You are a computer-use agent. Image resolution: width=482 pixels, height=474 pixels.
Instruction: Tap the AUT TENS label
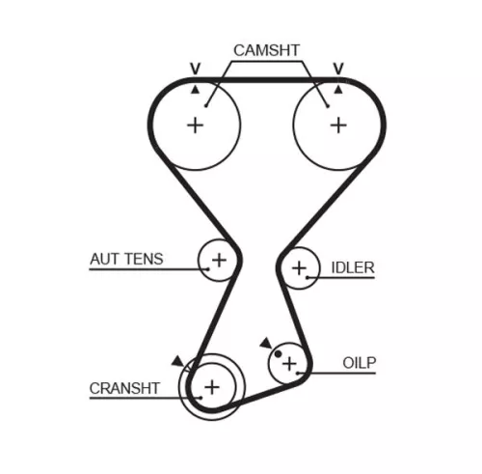(x=126, y=259)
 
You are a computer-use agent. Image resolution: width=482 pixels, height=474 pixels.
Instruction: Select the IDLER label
(x=352, y=267)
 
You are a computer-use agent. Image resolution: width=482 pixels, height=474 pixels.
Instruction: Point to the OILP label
(x=360, y=363)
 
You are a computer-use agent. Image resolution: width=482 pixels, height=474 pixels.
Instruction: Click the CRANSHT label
(x=124, y=388)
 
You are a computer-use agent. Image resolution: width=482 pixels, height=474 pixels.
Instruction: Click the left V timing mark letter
(x=195, y=69)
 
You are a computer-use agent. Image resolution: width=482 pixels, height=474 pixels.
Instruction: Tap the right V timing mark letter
(x=338, y=69)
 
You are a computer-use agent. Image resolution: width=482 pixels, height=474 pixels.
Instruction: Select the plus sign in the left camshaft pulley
(x=196, y=125)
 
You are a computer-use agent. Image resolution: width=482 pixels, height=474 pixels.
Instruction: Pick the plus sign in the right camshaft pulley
(x=337, y=125)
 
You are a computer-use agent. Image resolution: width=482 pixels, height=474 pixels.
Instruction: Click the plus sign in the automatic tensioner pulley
(x=219, y=259)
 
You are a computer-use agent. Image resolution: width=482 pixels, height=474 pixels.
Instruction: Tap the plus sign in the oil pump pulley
(x=289, y=363)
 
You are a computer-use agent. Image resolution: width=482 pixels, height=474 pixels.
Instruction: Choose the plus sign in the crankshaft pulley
(x=212, y=387)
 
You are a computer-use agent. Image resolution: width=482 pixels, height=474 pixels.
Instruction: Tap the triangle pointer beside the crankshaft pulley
(x=176, y=361)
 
